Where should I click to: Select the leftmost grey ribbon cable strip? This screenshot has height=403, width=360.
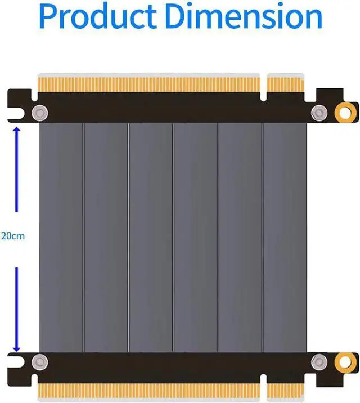[x=61, y=236]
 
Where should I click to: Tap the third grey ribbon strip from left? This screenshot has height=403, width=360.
[x=150, y=236]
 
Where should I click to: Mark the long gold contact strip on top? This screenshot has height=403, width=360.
[x=149, y=83]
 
